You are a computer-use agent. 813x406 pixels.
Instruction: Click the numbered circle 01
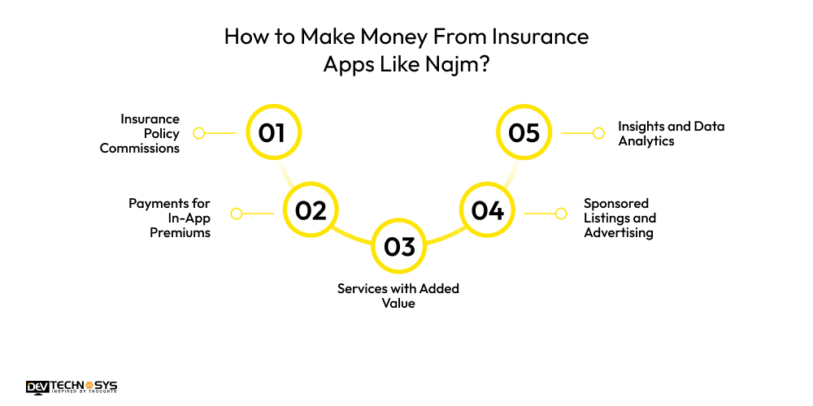273,132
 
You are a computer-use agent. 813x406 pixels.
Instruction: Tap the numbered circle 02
311,211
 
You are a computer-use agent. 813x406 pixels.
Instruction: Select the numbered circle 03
399,247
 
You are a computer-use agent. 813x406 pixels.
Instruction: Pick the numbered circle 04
488,211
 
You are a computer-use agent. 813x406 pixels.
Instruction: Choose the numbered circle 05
524,132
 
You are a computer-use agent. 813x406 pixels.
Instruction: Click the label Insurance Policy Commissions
139,133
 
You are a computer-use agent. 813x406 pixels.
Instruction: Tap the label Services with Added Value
399,296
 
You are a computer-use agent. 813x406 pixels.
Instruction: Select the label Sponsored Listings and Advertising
620,218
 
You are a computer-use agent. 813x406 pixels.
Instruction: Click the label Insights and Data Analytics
671,133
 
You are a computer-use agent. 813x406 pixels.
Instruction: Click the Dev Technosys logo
72,387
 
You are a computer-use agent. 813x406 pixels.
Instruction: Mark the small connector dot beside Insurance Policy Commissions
198,132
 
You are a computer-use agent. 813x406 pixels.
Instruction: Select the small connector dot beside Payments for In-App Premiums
237,214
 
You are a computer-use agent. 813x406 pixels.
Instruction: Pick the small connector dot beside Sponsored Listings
560,214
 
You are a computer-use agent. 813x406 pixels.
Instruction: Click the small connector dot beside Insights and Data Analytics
599,132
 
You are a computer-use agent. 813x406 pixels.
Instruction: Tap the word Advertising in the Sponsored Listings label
619,232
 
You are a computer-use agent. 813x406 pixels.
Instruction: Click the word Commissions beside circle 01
139,149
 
